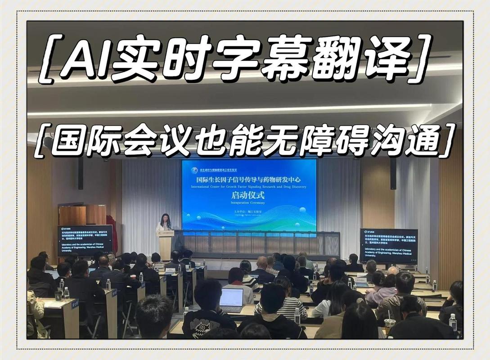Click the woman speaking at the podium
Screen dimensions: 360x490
[x=165, y=222]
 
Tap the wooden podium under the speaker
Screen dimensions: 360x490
[x=165, y=244]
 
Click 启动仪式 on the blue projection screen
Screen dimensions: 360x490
[x=248, y=196]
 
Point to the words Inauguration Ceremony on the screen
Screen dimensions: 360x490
[x=248, y=203]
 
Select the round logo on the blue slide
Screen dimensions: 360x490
[x=194, y=171]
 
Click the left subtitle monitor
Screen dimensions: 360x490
[x=84, y=240]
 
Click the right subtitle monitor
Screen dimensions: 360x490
[x=388, y=245]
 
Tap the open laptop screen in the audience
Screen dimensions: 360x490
[x=232, y=298]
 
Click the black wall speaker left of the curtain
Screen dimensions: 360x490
[x=81, y=173]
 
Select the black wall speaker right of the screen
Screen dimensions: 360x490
[x=393, y=173]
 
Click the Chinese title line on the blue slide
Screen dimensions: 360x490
[x=248, y=179]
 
